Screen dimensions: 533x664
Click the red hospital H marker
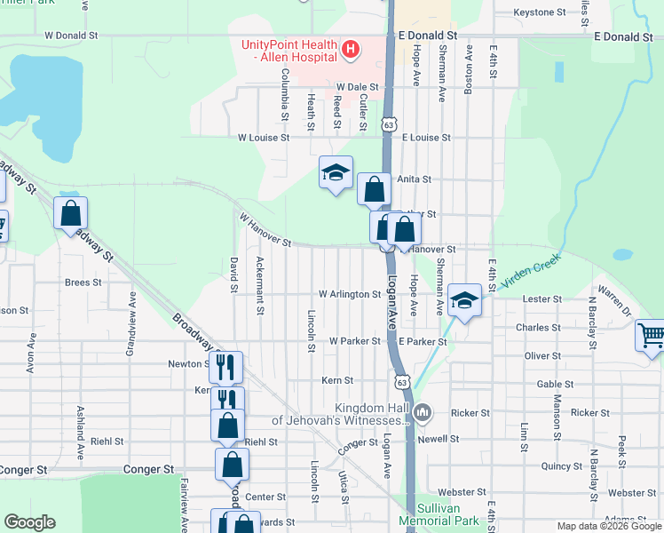pyautogui.click(x=351, y=48)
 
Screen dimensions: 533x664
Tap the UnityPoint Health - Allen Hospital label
pyautogui.click(x=289, y=51)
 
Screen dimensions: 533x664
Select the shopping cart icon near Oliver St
pyautogui.click(x=651, y=336)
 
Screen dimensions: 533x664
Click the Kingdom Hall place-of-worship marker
pyautogui.click(x=423, y=412)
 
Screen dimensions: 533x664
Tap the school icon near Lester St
pyautogui.click(x=463, y=299)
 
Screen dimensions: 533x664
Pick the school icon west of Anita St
pyautogui.click(x=336, y=172)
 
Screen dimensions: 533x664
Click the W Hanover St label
pyautogui.click(x=265, y=229)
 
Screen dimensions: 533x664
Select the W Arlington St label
pyautogui.click(x=349, y=294)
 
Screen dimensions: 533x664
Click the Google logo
pyautogui.click(x=28, y=522)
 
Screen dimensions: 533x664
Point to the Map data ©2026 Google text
pyautogui.click(x=608, y=526)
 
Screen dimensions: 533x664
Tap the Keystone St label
pyautogui.click(x=540, y=13)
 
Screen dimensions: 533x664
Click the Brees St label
pyautogui.click(x=83, y=282)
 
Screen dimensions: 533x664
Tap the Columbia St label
pyautogui.click(x=285, y=94)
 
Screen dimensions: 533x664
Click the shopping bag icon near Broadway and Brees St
pyautogui.click(x=70, y=214)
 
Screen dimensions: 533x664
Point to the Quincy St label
pyautogui.click(x=561, y=465)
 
